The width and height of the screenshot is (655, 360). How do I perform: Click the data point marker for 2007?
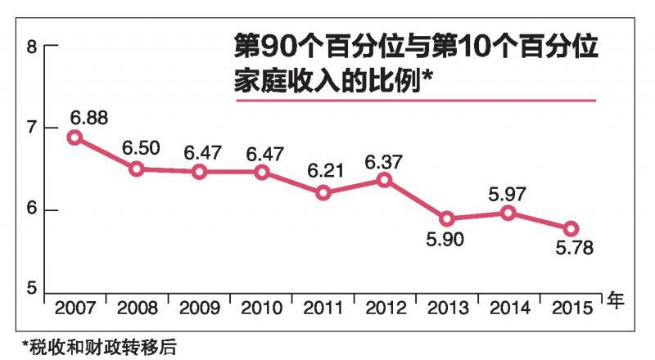[75, 137]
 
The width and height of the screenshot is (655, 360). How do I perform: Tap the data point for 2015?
[571, 228]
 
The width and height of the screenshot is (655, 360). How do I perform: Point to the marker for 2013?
[446, 218]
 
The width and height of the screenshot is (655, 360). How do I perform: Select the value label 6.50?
[140, 149]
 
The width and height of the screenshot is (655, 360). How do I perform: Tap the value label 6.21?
[325, 173]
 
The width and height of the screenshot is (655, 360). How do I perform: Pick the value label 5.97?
[508, 194]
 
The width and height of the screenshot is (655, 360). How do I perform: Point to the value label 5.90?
[447, 240]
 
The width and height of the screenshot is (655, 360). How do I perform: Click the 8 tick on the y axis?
[33, 47]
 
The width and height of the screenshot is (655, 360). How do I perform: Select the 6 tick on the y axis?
[33, 210]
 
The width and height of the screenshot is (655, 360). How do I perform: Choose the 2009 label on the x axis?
[200, 308]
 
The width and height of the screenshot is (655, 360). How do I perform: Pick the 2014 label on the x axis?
[509, 308]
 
